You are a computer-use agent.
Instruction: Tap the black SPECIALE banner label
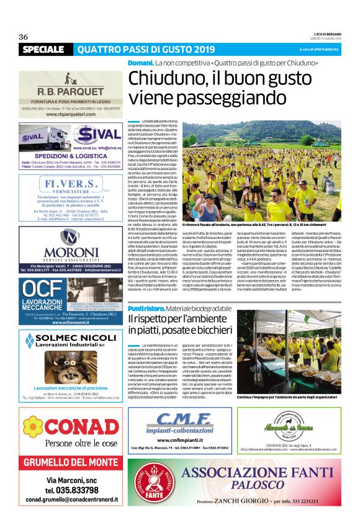[43, 49]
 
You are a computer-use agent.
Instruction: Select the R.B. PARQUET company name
[70, 92]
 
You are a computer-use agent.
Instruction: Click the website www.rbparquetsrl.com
[70, 115]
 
